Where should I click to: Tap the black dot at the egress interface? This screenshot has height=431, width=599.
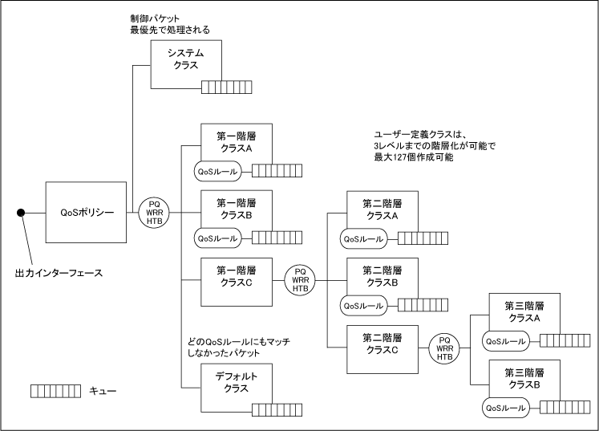pos(22,213)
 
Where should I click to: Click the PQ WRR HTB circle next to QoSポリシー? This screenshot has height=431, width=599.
pos(155,212)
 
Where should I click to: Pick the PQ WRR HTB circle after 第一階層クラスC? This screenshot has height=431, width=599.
pos(301,280)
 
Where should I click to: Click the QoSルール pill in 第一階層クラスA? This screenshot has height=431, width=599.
pos(218,171)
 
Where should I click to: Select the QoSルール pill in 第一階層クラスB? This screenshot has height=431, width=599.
pos(218,238)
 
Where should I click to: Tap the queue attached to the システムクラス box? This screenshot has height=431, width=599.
pos(226,87)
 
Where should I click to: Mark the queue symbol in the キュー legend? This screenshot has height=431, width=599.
pos(55,391)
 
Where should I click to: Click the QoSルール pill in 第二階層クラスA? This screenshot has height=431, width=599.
pos(364,238)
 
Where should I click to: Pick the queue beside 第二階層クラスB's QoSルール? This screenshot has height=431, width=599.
pos(422,306)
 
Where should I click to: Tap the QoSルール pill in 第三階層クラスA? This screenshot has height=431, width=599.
pos(507,341)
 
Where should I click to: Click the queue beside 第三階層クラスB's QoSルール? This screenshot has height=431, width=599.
pos(564,409)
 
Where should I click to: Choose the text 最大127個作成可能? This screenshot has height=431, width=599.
pos(414,157)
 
